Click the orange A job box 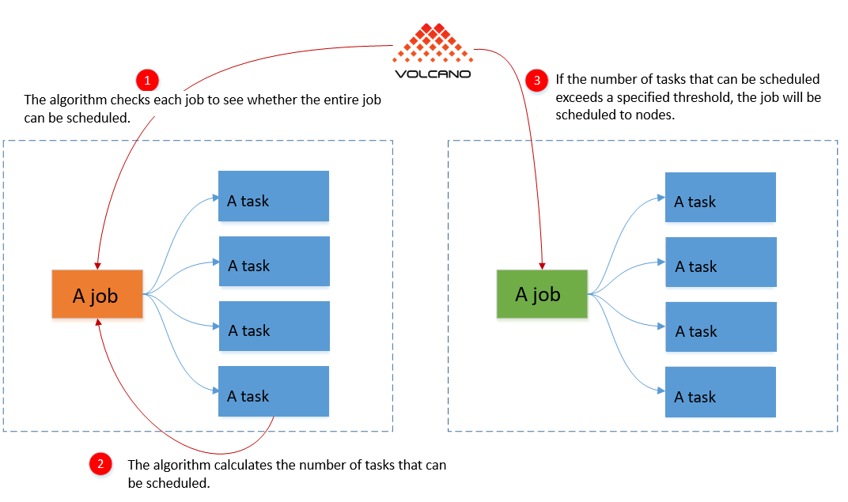[x=97, y=294]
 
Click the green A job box [x=542, y=294]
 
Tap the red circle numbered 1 [x=147, y=81]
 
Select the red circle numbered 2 [x=100, y=463]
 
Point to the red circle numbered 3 [x=536, y=81]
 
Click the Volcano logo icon [x=433, y=43]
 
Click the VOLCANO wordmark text [x=433, y=74]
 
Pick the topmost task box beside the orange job [x=274, y=196]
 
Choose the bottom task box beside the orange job [x=274, y=391]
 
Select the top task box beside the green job [x=721, y=197]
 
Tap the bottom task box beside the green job [x=721, y=392]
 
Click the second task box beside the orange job [x=274, y=261]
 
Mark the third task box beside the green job [x=721, y=327]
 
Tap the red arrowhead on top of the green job [x=542, y=266]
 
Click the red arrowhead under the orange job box [x=98, y=322]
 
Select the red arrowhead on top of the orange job [x=97, y=266]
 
